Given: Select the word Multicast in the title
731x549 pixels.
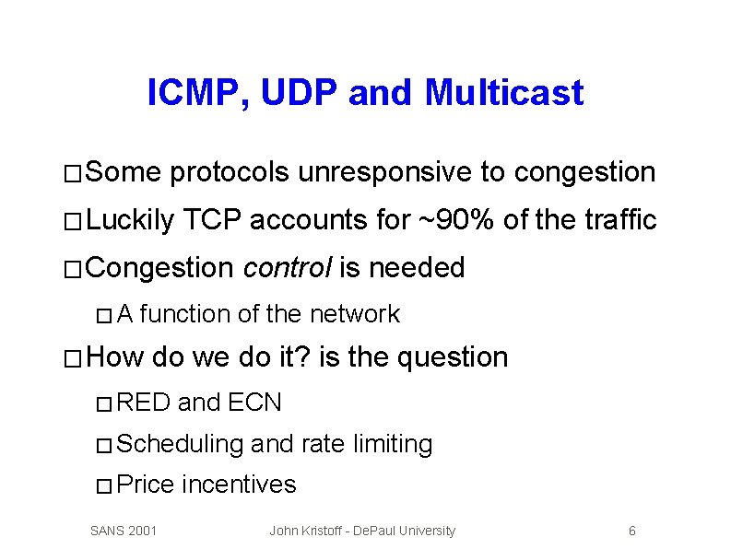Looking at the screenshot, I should coord(504,93).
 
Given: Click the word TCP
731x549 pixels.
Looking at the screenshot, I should coord(212,220).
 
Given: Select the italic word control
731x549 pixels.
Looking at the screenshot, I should coord(288,268).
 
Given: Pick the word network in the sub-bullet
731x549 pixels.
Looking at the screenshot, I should coord(354,314).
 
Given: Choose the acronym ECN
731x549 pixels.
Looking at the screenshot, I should coord(254,403).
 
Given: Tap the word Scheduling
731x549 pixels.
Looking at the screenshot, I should coord(181,444).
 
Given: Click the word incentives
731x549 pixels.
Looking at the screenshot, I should coord(240,485).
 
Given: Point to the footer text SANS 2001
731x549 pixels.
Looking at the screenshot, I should coord(124,531).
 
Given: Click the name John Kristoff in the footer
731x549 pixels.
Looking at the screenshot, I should coord(307,531).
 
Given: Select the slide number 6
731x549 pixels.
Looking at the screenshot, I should coord(631,531).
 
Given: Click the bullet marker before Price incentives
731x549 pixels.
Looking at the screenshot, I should coord(104,486).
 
